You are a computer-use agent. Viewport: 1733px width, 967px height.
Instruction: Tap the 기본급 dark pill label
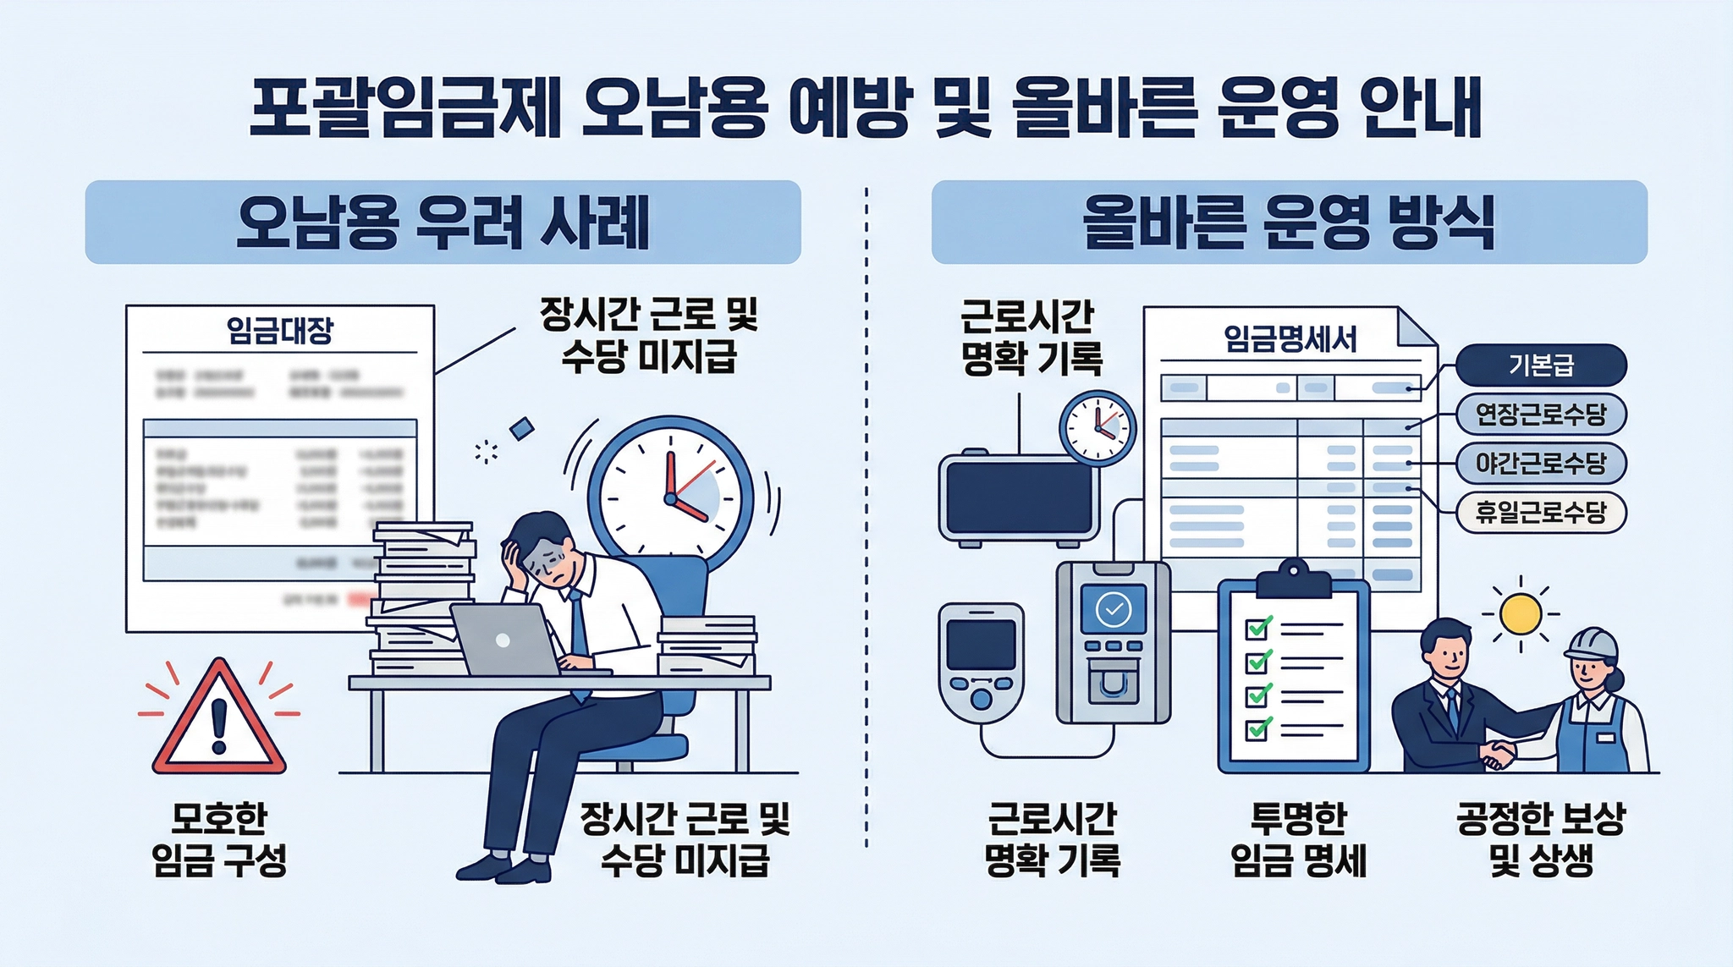click(x=1541, y=365)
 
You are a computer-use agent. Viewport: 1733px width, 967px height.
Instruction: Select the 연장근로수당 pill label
click(x=1541, y=415)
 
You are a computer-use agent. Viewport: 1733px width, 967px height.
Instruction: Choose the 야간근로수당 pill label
click(x=1541, y=464)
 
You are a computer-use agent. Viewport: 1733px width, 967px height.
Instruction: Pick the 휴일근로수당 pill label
click(x=1541, y=513)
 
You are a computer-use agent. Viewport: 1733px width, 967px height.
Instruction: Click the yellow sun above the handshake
click(x=1520, y=613)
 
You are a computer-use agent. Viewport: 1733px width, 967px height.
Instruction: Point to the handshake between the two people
click(x=1499, y=752)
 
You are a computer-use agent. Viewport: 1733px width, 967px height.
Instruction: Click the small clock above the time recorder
click(x=1098, y=428)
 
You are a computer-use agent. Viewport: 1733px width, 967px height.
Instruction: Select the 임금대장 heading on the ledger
click(x=280, y=330)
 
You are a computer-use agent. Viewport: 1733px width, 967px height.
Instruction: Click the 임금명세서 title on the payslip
click(x=1290, y=339)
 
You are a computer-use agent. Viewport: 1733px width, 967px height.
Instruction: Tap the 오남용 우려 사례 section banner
click(x=443, y=222)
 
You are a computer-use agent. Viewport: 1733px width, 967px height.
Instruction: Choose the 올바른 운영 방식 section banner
click(x=1289, y=222)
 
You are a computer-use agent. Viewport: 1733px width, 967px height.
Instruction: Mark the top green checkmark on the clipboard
click(x=1259, y=627)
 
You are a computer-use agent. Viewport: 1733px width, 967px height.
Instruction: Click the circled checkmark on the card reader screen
click(x=1114, y=608)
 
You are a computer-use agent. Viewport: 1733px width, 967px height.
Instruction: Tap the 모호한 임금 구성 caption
click(x=219, y=839)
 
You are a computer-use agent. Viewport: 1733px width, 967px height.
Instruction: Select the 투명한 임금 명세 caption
click(x=1298, y=839)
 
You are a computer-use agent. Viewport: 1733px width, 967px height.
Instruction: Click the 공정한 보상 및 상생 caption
click(x=1541, y=839)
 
